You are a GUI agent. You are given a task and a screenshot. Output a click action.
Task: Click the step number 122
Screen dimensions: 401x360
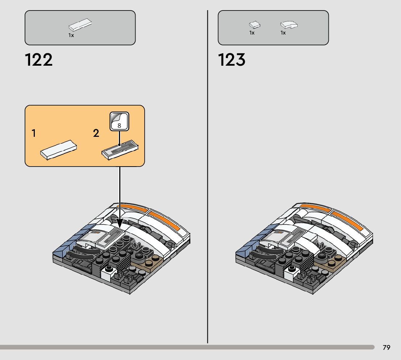pos(39,60)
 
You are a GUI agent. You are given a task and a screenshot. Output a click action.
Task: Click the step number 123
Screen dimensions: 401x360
pos(232,60)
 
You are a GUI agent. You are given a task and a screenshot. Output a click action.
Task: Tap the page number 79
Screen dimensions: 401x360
pos(386,348)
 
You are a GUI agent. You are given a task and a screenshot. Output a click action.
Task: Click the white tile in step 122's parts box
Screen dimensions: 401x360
pos(80,25)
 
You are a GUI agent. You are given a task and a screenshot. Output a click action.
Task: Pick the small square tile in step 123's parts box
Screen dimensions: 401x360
pos(255,25)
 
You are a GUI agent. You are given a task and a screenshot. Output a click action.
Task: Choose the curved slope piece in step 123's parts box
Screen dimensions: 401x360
pos(289,25)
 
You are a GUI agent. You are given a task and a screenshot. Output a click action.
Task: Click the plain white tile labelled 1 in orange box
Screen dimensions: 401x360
pos(59,150)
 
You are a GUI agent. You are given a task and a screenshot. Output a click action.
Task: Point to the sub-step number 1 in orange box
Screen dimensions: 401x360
pos(34,134)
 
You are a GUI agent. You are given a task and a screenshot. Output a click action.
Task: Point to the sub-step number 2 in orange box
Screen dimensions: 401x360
pos(96,134)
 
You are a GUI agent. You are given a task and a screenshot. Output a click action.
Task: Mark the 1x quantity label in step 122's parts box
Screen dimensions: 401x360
pos(71,36)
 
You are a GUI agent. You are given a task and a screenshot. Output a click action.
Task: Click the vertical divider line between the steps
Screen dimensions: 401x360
pos(208,181)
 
